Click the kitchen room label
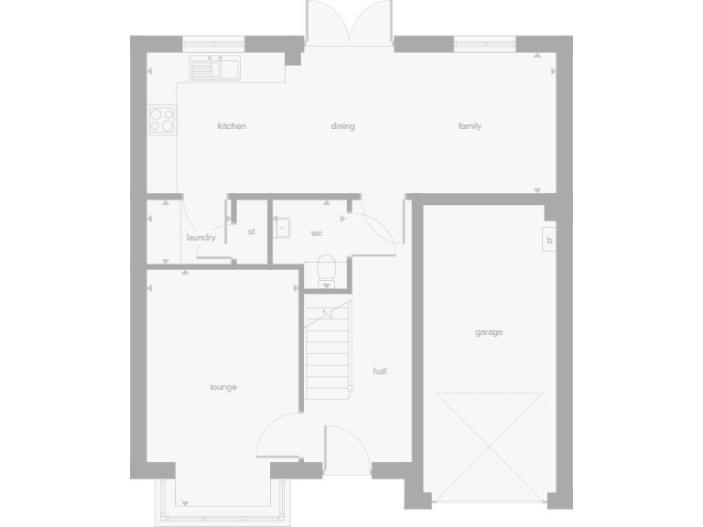(x=232, y=126)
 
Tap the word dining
(x=342, y=126)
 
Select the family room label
(x=470, y=126)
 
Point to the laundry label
(x=200, y=238)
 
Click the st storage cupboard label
(x=251, y=231)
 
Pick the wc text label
(x=317, y=233)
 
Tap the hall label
(x=380, y=371)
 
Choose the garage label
(x=489, y=332)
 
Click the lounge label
(x=223, y=387)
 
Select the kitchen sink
(x=216, y=68)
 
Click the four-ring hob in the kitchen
(x=162, y=119)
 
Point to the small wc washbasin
(x=282, y=227)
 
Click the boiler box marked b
(x=549, y=241)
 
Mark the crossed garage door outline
(x=490, y=446)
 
